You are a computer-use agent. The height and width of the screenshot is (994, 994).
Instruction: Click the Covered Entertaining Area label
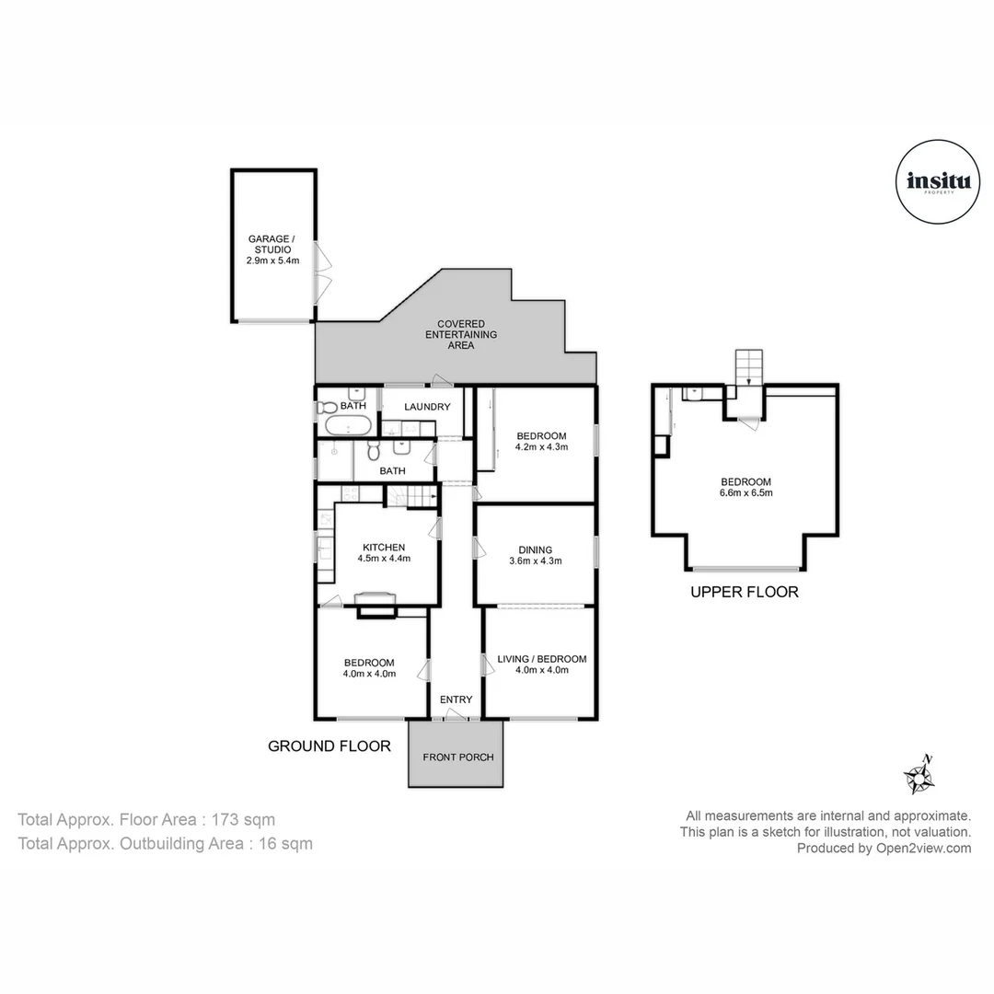click(461, 334)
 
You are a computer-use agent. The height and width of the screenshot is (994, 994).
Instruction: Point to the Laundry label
click(426, 407)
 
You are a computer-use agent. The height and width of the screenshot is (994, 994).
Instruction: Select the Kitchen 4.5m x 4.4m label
click(384, 552)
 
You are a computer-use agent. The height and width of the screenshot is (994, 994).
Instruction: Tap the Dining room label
click(535, 555)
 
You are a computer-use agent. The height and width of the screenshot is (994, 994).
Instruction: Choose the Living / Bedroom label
click(541, 665)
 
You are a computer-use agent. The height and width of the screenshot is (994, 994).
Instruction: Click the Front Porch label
click(458, 757)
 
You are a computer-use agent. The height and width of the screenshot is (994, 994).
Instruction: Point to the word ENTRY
click(456, 699)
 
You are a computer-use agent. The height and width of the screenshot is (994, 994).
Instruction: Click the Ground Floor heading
click(329, 746)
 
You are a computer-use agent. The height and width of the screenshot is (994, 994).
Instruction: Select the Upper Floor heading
click(745, 592)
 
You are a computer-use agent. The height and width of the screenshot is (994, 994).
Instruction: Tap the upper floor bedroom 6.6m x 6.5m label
click(745, 487)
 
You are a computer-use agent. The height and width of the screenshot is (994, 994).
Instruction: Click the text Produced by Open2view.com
click(884, 849)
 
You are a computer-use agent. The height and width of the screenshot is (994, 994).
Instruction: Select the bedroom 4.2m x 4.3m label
click(541, 442)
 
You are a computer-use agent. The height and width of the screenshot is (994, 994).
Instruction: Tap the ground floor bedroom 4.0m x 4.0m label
click(369, 667)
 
